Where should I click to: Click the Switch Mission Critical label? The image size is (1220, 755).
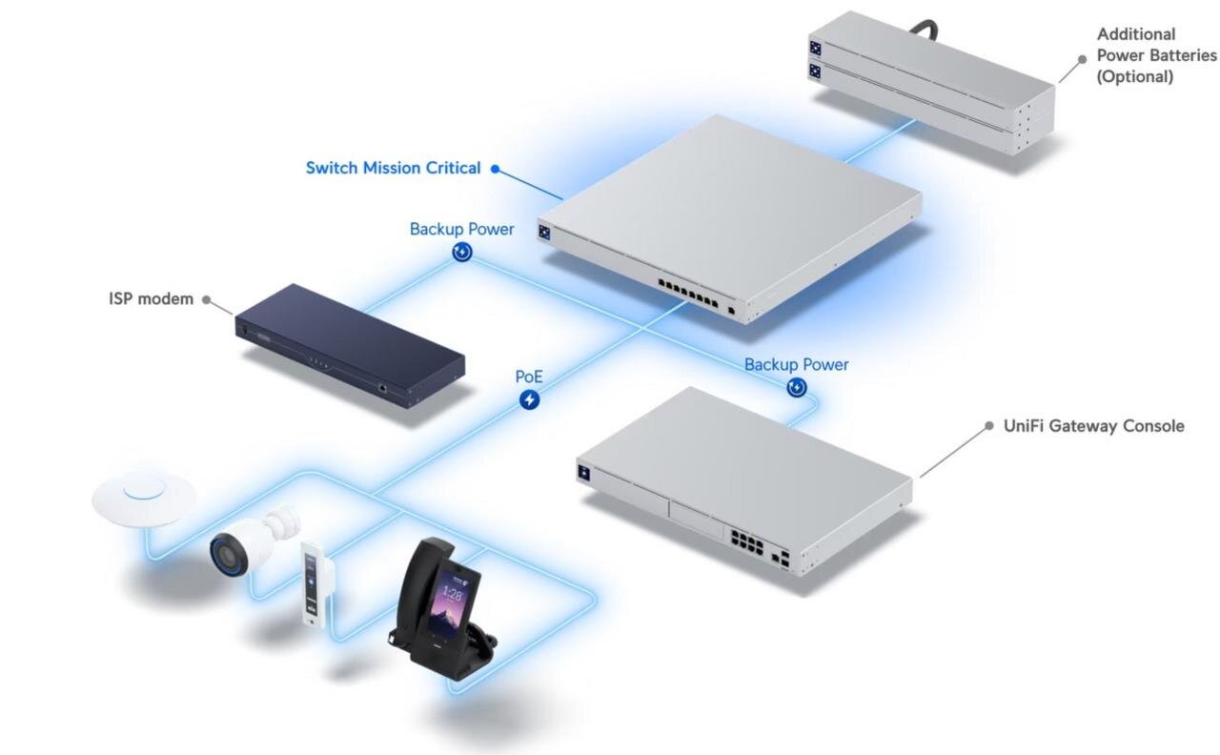tap(393, 168)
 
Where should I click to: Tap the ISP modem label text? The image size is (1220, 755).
tap(151, 299)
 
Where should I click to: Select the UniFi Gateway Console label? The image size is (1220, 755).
tap(1093, 426)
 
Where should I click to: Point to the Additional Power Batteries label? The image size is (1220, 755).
tap(1156, 55)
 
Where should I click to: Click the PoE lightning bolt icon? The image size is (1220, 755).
tap(529, 399)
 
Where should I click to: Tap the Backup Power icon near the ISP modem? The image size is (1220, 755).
tap(462, 253)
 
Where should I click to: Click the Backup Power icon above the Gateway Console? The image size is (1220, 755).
tap(796, 387)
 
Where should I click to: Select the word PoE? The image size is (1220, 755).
tap(529, 377)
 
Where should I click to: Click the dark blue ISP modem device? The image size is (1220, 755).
tap(350, 345)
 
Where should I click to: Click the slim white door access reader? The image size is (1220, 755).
tap(315, 585)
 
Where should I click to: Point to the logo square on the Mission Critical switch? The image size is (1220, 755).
tap(543, 233)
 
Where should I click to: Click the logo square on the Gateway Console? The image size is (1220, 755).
tap(584, 472)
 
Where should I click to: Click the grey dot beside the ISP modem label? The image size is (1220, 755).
tap(207, 299)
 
